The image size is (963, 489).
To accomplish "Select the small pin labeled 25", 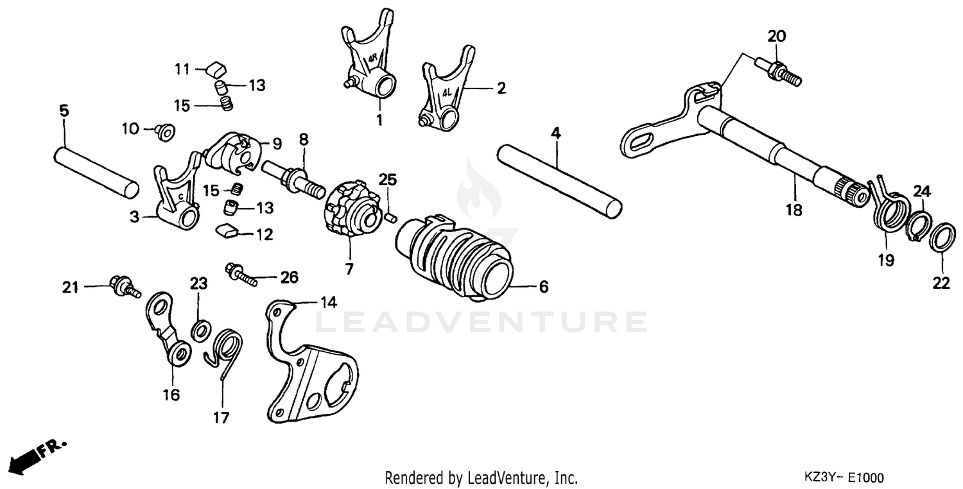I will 389,219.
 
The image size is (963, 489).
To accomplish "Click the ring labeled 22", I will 941,238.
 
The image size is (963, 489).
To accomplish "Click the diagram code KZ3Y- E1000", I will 843,478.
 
